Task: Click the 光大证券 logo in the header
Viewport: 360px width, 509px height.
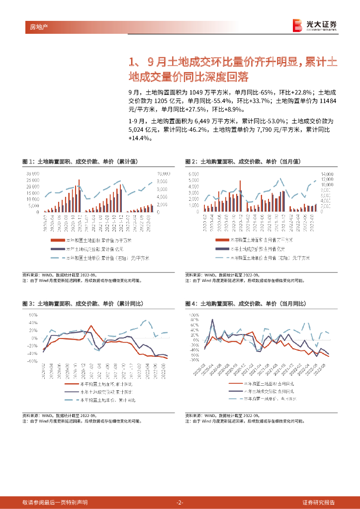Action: [x=314, y=25]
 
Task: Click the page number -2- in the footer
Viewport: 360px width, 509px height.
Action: [x=180, y=502]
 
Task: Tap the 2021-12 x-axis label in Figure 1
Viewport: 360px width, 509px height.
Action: [x=121, y=220]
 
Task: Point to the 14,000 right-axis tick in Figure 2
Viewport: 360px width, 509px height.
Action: [x=327, y=174]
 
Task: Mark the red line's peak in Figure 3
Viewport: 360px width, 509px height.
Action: [x=91, y=326]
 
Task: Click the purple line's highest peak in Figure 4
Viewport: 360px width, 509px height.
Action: [x=213, y=320]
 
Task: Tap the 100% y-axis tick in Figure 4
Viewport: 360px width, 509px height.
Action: [x=193, y=315]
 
